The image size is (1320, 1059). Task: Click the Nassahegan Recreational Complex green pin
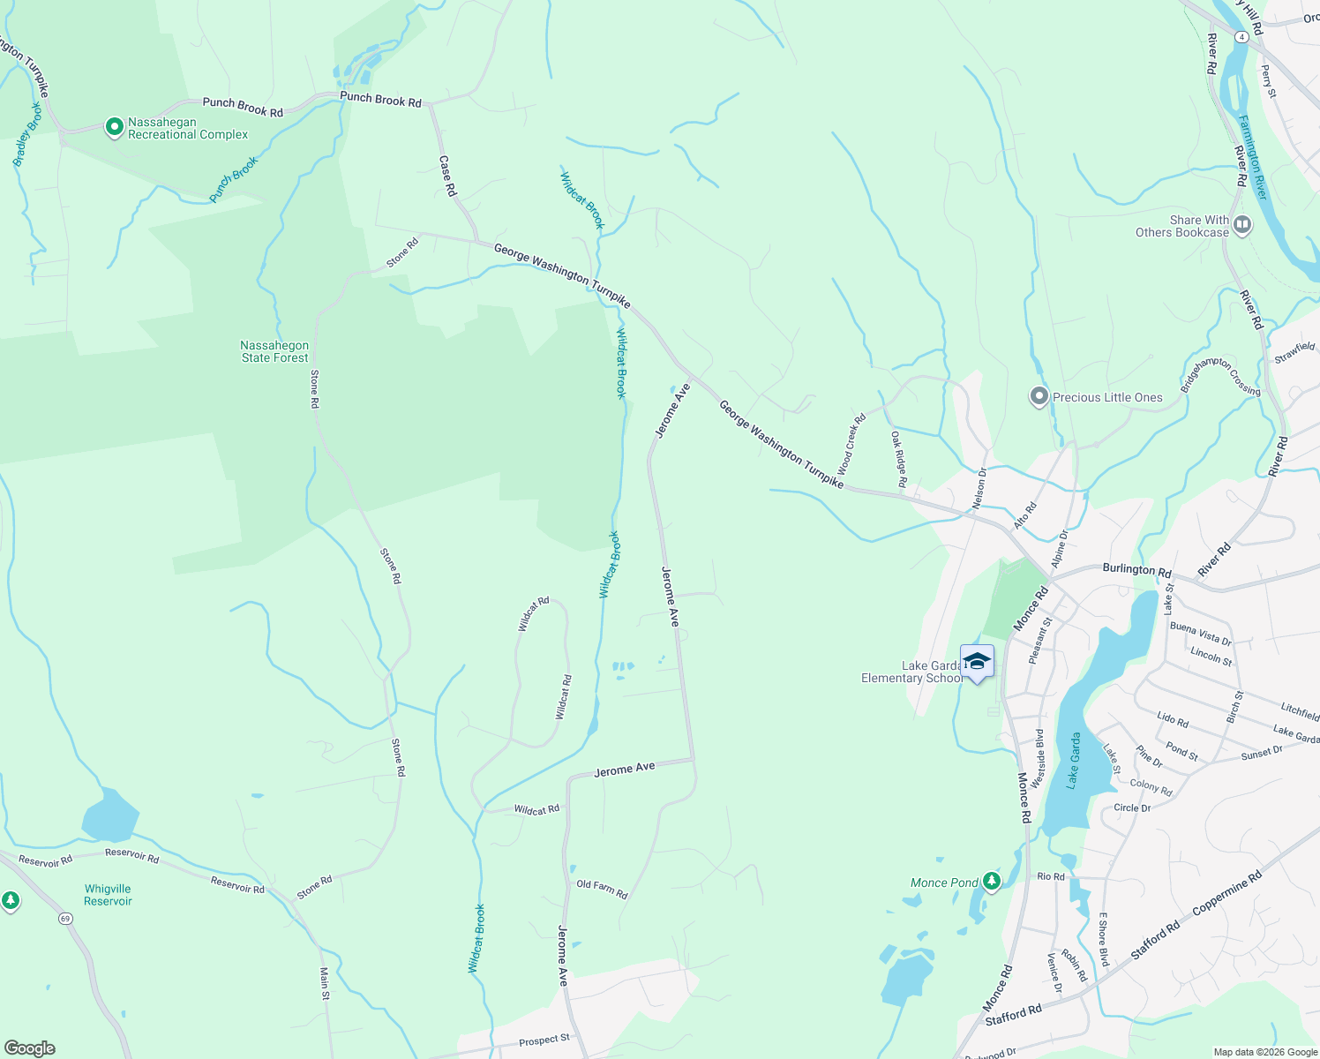[x=114, y=128]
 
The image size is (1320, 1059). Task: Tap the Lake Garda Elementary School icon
[x=977, y=662]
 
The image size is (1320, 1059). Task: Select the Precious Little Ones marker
[x=1039, y=397]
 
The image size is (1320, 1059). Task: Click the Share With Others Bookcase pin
[x=1242, y=225]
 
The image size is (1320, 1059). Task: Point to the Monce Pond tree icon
[x=992, y=882]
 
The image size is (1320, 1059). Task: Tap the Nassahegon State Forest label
[x=274, y=352]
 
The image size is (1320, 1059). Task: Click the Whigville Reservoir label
[x=108, y=895]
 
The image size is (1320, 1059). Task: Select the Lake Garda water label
[x=1074, y=760]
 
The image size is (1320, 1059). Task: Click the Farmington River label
[x=1253, y=157]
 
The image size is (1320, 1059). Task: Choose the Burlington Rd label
[x=1136, y=570]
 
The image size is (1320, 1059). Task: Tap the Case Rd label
[x=447, y=176]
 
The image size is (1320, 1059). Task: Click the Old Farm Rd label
[x=602, y=890]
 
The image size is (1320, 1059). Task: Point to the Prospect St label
[x=544, y=1041]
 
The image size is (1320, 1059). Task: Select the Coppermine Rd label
[x=1226, y=892]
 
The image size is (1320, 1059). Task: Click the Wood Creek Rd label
[x=851, y=444]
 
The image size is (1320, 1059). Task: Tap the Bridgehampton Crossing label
[x=1221, y=375]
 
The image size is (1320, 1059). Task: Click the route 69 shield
[x=65, y=919]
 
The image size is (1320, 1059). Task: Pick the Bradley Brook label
[x=27, y=135]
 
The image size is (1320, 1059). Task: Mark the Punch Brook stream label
[x=234, y=179]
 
